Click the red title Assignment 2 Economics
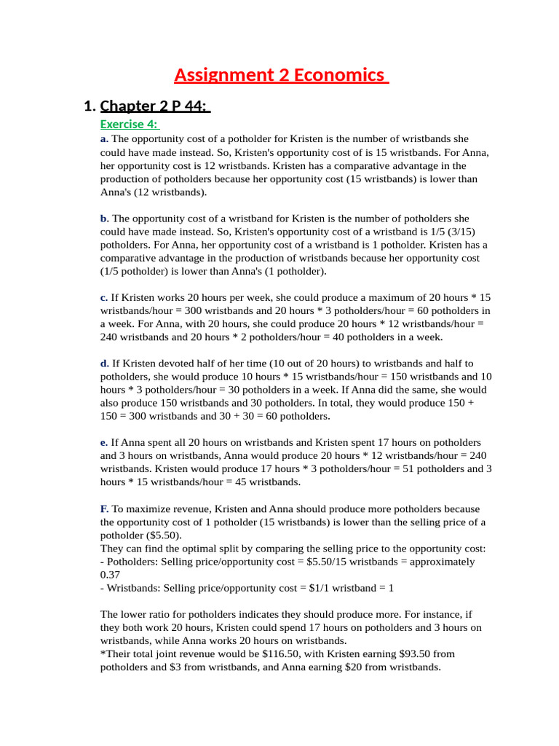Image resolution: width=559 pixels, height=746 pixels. (280, 75)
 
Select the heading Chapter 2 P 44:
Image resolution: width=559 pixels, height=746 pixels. (154, 106)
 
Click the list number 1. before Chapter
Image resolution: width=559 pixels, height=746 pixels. (90, 106)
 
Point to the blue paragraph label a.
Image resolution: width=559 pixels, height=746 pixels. (104, 138)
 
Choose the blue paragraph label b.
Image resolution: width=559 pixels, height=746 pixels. (105, 218)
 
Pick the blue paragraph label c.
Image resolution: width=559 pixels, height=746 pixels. (104, 297)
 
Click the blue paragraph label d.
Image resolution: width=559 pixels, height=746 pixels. (105, 364)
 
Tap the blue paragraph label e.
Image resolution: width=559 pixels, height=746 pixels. (104, 443)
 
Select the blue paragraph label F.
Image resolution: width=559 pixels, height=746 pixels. (104, 509)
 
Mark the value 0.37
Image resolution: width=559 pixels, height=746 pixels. (110, 575)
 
